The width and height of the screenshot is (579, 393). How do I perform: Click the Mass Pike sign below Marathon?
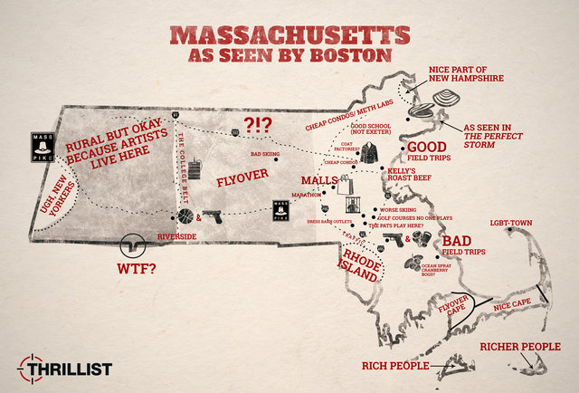(x=282, y=208)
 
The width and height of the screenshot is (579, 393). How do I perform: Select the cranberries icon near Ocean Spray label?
(x=414, y=264)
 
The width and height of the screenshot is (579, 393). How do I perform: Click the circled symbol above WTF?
(x=133, y=245)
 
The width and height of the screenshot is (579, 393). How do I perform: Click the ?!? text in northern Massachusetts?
(x=261, y=125)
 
